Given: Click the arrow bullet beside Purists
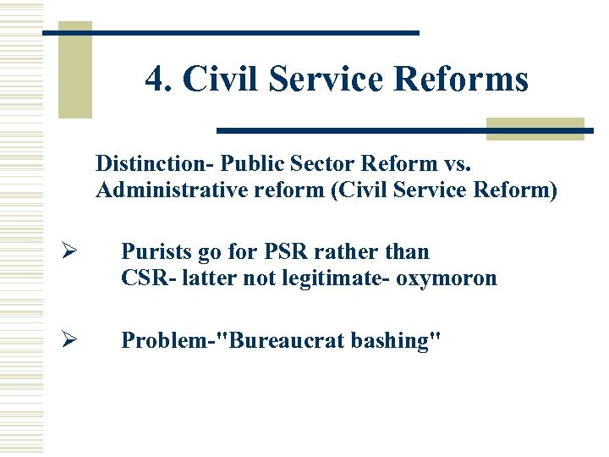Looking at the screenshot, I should pos(70,252).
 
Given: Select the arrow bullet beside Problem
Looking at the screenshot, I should pos(70,340).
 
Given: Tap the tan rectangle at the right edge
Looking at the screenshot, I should pos(535,128).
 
